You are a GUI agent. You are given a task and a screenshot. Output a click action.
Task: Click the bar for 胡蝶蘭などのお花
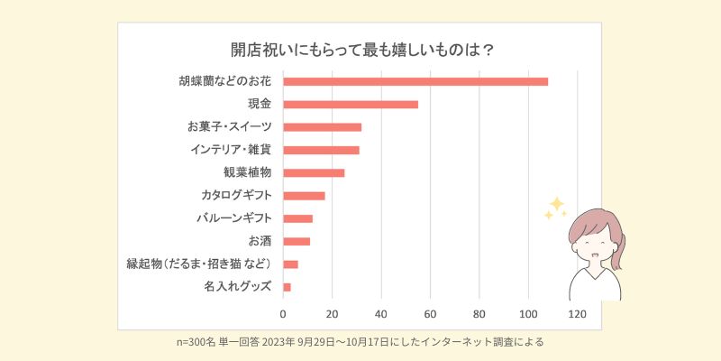[415, 81]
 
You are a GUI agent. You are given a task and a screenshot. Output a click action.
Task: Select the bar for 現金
[351, 105]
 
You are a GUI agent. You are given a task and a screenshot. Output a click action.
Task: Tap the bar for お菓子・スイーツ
[323, 127]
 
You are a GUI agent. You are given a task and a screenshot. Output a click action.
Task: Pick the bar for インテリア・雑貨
[322, 150]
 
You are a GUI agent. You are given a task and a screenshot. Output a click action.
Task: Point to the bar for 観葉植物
[315, 172]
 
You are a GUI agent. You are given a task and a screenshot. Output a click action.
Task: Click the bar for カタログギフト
[305, 196]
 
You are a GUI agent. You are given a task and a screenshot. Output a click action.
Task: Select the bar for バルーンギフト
[298, 218]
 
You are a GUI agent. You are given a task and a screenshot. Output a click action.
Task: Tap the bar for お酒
[297, 241]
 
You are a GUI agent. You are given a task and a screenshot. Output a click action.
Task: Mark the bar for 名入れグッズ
[287, 287]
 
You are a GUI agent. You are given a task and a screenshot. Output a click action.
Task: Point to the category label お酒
[260, 241]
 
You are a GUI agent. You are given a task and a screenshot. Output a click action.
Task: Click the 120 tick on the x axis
[577, 315]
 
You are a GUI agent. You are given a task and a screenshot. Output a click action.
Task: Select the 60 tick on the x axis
[431, 315]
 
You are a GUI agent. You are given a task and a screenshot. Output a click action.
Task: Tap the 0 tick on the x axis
[284, 315]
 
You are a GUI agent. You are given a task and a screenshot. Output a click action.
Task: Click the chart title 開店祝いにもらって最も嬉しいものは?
[360, 49]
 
